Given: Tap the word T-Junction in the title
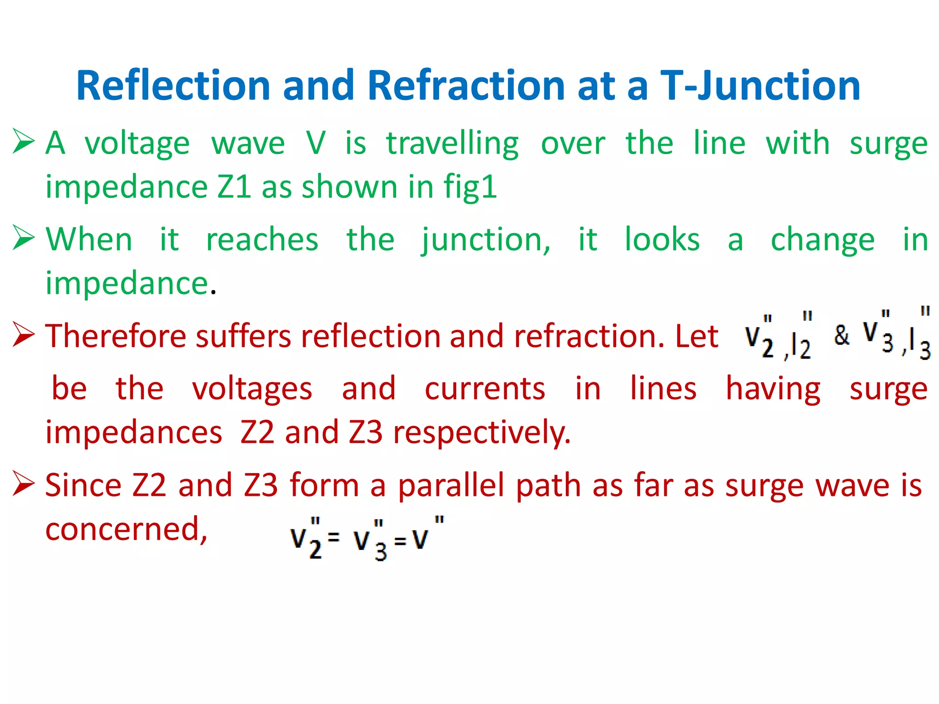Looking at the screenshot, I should (760, 86).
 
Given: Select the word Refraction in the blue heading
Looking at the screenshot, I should (466, 86).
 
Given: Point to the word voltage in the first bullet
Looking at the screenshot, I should (137, 143).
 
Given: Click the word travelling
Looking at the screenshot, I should (452, 143).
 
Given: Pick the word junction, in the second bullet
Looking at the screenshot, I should (486, 240).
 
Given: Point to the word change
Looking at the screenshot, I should (823, 240).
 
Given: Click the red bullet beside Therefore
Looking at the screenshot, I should (23, 334).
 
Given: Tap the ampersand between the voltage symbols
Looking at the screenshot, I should (841, 335).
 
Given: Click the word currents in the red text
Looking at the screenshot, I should (485, 389).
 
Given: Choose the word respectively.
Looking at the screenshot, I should (482, 433).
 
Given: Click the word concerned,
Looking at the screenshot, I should (127, 529).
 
